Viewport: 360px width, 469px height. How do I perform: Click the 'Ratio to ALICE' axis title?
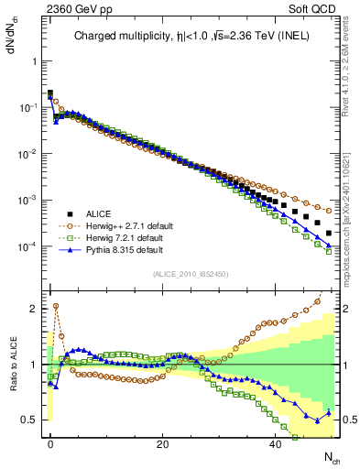point(14,364)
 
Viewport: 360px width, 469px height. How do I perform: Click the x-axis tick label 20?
point(163,442)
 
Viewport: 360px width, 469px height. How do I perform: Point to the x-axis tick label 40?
point(276,442)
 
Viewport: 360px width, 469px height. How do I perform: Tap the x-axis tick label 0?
point(50,442)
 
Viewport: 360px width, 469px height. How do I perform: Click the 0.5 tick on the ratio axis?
point(29,420)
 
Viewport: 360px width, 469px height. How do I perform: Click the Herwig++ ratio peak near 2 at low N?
point(55,306)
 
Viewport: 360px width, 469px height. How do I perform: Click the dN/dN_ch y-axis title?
point(12,37)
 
